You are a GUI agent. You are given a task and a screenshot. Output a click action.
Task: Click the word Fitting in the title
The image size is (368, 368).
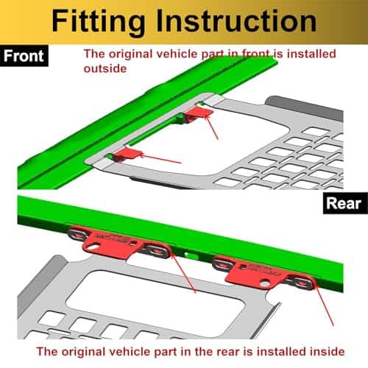98,22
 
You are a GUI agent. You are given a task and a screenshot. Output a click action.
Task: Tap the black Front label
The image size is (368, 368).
24,55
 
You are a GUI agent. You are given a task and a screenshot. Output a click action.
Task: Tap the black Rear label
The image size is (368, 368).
345,203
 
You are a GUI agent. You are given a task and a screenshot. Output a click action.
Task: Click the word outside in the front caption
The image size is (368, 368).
105,68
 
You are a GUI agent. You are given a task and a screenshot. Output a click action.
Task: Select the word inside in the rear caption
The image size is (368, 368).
327,352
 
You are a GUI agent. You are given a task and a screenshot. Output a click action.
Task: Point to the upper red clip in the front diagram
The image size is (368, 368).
198,114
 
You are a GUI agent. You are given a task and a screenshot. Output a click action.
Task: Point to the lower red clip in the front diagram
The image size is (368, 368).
127,155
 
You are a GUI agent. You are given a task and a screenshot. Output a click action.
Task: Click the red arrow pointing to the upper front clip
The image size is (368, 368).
211,127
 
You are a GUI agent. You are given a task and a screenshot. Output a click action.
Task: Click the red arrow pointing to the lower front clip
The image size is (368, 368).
160,158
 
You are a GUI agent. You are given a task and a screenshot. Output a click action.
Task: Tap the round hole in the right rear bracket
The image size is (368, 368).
265,283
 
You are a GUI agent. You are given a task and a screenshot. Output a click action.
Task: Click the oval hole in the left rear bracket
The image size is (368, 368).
95,245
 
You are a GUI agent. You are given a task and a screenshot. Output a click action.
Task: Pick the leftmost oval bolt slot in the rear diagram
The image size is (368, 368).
77,233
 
